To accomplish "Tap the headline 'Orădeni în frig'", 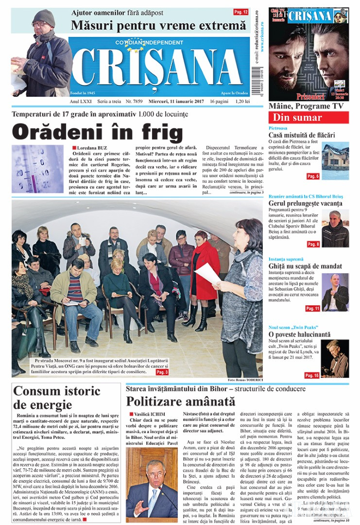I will [x=97, y=133].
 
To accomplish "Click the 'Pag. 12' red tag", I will [x=240, y=12].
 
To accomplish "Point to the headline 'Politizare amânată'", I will [x=180, y=402].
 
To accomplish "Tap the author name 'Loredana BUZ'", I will [x=91, y=148].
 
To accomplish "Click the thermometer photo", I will [x=38, y=169].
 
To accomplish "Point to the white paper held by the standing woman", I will [x=207, y=273].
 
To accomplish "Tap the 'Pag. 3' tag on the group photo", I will [x=162, y=372].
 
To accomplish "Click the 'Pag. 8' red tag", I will [x=313, y=244].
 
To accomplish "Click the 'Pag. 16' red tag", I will [x=312, y=375].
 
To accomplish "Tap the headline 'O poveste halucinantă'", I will [x=299, y=334].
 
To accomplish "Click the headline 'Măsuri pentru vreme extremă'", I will [x=158, y=25].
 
